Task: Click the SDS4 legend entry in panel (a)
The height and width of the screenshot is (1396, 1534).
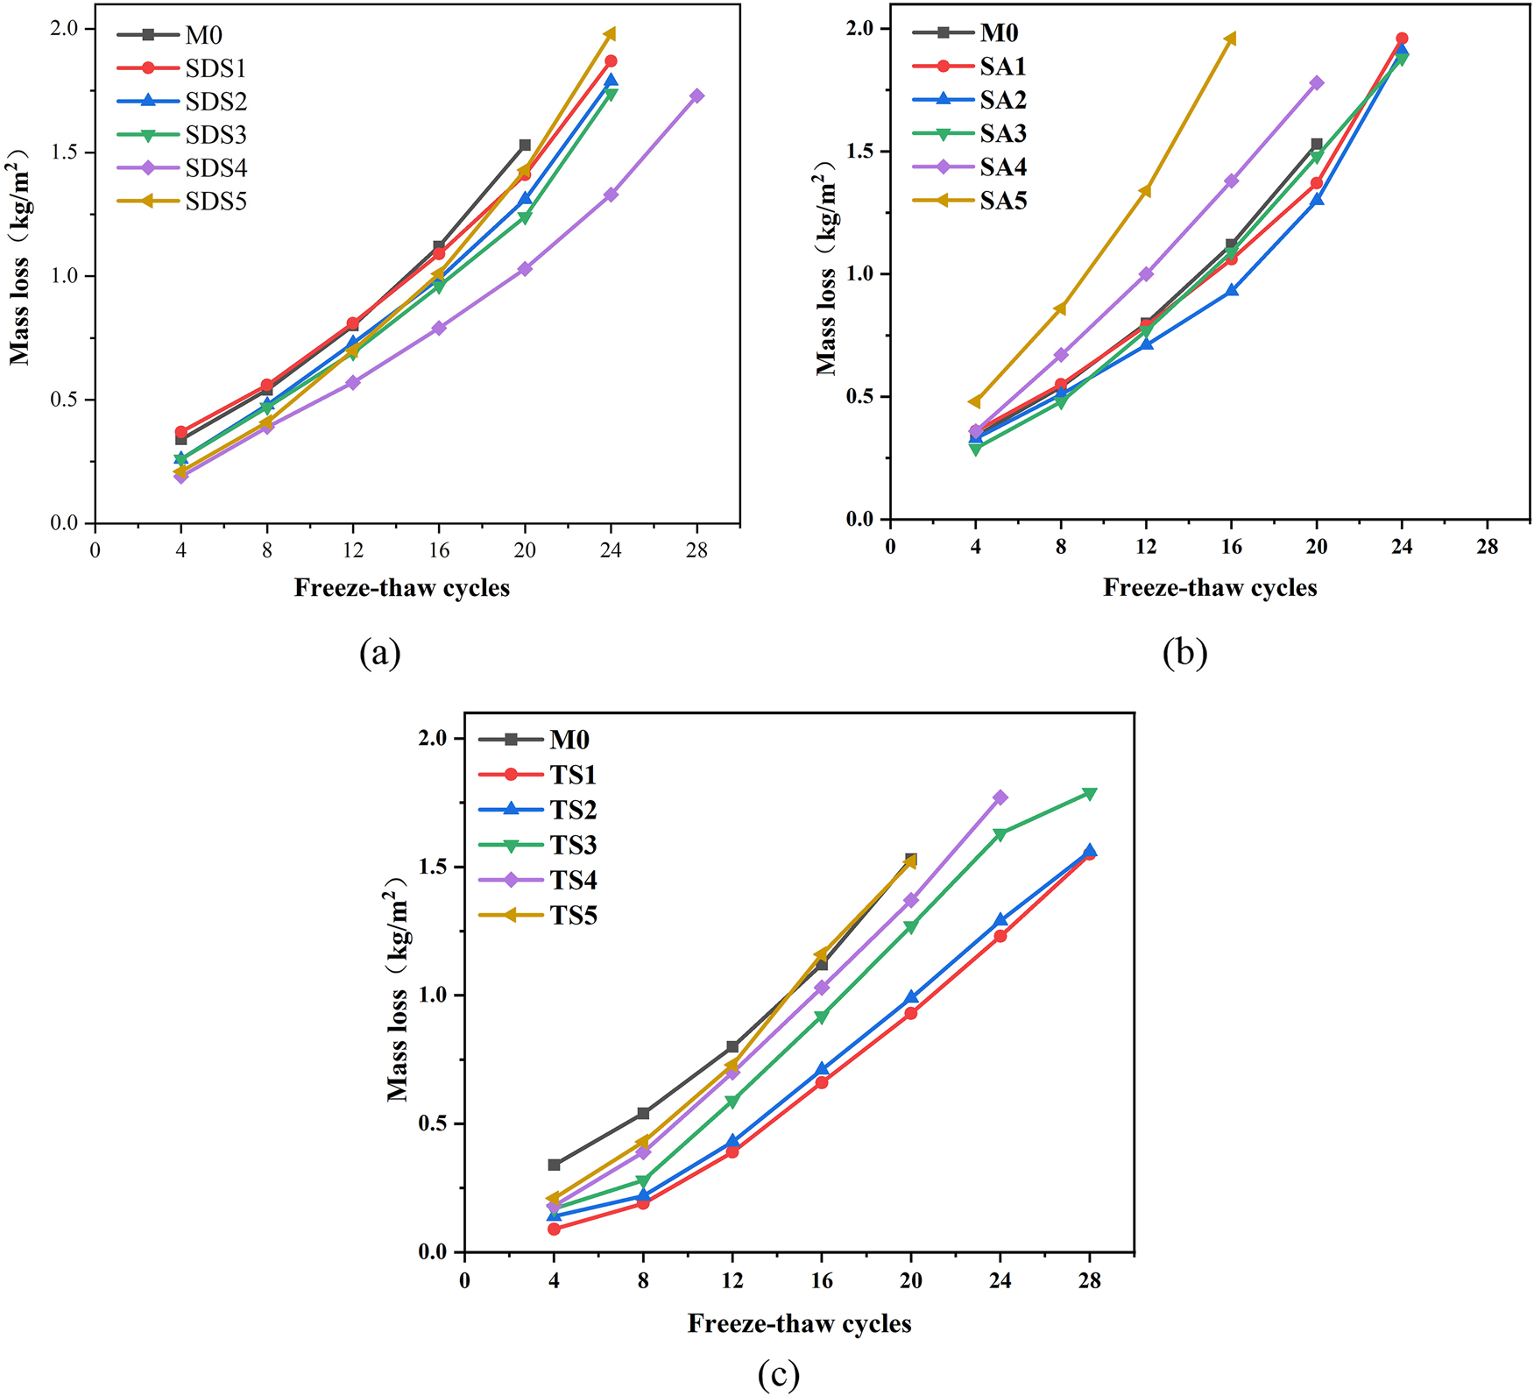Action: coord(216,168)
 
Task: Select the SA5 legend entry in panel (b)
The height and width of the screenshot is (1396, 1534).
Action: coord(1002,201)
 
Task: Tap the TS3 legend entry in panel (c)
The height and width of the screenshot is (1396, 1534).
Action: coord(573,845)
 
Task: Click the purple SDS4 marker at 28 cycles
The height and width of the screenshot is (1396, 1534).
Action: coord(696,96)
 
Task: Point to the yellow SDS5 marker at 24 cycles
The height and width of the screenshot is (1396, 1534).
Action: coord(611,34)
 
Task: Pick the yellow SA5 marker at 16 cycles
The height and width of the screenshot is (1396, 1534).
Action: coord(1231,39)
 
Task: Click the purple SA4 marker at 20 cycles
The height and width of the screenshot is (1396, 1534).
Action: coord(1316,83)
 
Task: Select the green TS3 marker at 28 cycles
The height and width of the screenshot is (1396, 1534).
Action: coord(1089,793)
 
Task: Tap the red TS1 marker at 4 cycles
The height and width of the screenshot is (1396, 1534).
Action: coord(554,1229)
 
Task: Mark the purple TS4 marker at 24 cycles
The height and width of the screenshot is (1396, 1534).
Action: coord(1000,797)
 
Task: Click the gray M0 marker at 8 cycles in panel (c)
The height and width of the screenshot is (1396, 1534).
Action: coord(643,1113)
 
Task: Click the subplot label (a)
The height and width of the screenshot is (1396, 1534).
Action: coord(379,653)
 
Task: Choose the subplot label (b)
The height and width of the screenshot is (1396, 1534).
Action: coord(1184,653)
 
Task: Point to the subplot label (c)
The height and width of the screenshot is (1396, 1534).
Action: coord(778,1375)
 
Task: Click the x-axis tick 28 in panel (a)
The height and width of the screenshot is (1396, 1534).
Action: coord(696,550)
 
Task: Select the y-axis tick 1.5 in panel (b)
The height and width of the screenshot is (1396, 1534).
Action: coord(861,152)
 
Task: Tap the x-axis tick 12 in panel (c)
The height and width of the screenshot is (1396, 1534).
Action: coord(732,1280)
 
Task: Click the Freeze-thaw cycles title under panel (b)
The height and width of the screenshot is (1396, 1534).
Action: coord(1209,587)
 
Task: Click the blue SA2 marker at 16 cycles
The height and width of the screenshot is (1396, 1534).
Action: coord(1231,290)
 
